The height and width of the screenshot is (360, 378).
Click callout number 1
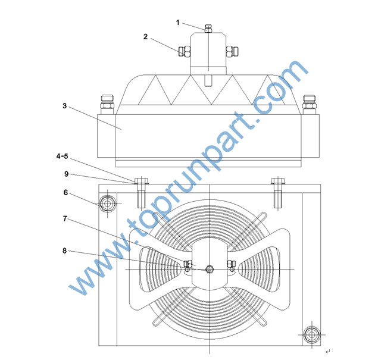177,23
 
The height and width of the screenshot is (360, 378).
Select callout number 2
145,37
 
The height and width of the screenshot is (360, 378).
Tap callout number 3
65,106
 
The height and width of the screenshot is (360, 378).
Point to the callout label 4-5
62,156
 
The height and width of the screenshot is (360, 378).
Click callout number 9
67,174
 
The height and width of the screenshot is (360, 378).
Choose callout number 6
65,193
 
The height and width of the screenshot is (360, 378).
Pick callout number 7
65,218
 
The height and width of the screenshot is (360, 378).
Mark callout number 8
64,251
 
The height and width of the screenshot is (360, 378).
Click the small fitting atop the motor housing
208,29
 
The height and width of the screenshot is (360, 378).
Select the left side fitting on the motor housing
185,51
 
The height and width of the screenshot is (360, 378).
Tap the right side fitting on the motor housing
232,51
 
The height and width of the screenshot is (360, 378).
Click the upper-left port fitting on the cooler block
107,105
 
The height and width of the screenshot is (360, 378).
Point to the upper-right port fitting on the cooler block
310,105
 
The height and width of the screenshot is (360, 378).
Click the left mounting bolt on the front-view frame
141,193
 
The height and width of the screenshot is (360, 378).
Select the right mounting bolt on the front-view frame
278,193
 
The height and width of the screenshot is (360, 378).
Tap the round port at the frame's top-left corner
108,204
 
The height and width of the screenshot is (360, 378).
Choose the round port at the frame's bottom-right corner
312,334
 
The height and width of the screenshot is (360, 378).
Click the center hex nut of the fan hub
210,269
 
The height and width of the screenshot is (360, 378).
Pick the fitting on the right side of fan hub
231,266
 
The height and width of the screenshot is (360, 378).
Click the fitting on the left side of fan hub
188,266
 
